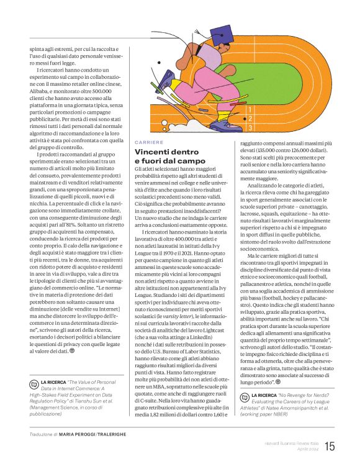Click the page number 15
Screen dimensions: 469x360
pos(330,445)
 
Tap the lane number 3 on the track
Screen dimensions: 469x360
pos(250,127)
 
